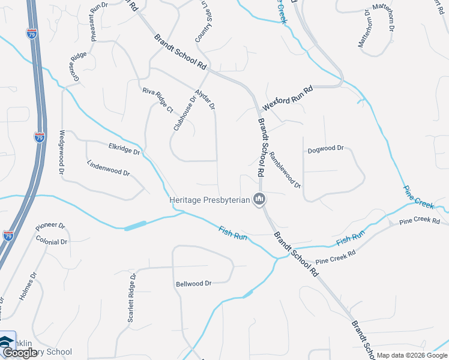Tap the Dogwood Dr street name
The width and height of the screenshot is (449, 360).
point(325,148)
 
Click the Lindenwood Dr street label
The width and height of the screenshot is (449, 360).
point(108,168)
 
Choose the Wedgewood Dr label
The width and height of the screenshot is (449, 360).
point(62,152)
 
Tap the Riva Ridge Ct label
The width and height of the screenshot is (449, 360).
point(157,100)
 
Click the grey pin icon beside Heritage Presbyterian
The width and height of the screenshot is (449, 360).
point(259,199)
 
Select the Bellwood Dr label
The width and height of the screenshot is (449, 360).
point(193,283)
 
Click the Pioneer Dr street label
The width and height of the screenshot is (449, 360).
point(50,226)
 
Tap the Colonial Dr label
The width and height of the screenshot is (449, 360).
point(52,241)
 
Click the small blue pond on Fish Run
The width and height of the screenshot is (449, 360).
point(135,226)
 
